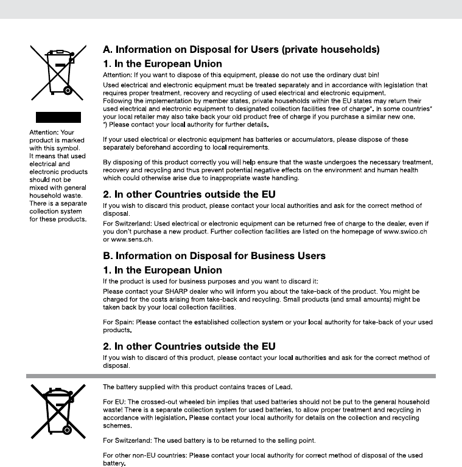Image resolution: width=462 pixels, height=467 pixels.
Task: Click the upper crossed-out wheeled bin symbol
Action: click(x=58, y=75)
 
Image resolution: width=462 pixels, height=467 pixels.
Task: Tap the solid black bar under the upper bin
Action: click(x=58, y=117)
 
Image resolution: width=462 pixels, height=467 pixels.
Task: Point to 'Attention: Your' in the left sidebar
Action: click(x=52, y=132)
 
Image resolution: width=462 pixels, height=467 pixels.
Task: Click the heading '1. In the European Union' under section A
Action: click(x=163, y=63)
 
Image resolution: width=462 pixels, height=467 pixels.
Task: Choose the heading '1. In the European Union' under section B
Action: click(x=163, y=270)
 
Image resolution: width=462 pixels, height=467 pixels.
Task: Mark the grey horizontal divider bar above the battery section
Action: click(x=231, y=376)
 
